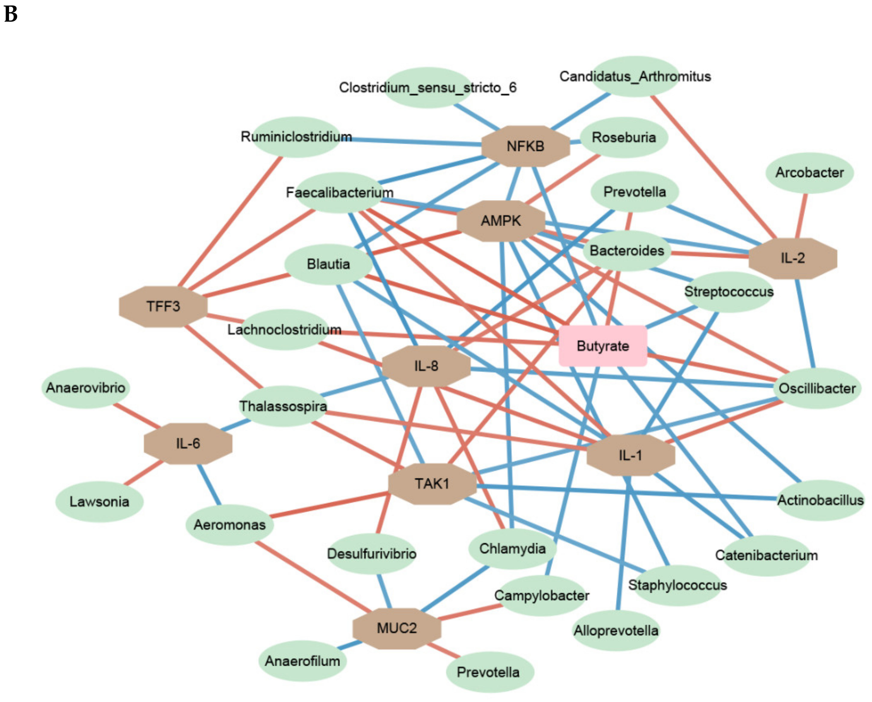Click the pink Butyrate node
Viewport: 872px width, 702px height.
[x=603, y=346]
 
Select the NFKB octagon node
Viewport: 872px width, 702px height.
[x=525, y=146]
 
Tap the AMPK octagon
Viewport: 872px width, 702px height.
[x=501, y=221]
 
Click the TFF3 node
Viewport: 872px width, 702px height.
[x=163, y=307]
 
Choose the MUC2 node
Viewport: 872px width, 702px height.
[x=396, y=628]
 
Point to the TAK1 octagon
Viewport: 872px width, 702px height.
[x=432, y=484]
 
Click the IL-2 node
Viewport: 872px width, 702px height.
[x=792, y=258]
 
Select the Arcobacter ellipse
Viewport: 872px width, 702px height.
[x=809, y=173]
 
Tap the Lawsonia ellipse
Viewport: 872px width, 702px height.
[x=99, y=502]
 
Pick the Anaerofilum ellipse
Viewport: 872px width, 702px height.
[x=302, y=661]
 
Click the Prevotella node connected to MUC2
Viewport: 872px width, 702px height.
[x=488, y=673]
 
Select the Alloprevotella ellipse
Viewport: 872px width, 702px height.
[x=616, y=631]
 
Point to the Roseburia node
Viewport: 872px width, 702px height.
[x=624, y=138]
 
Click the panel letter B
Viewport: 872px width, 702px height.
[x=11, y=14]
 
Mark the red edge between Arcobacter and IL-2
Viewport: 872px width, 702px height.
[x=801, y=215]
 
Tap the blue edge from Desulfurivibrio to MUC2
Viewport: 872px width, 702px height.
[x=384, y=591]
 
